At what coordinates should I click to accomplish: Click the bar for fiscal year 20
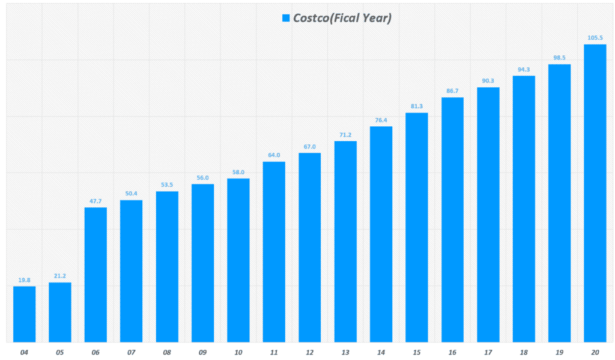[595, 192]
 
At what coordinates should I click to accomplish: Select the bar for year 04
[25, 314]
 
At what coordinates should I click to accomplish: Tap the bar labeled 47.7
[95, 275]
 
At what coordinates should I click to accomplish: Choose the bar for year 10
[238, 260]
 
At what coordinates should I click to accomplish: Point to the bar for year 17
[488, 215]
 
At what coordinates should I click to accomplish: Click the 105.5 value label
[595, 38]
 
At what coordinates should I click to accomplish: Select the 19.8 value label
[25, 279]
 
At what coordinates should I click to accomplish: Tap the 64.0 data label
[274, 155]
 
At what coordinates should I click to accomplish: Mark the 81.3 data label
[417, 106]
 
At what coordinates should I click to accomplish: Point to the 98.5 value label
[559, 58]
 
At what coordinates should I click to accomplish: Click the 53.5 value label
[167, 185]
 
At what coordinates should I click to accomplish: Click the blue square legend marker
[286, 19]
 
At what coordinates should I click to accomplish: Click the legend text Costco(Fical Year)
[342, 19]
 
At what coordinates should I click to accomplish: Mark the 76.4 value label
[381, 120]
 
